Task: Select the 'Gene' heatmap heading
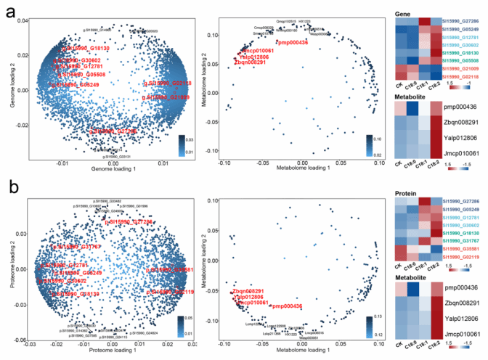(407, 6)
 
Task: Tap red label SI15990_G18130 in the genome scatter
(86, 48)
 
